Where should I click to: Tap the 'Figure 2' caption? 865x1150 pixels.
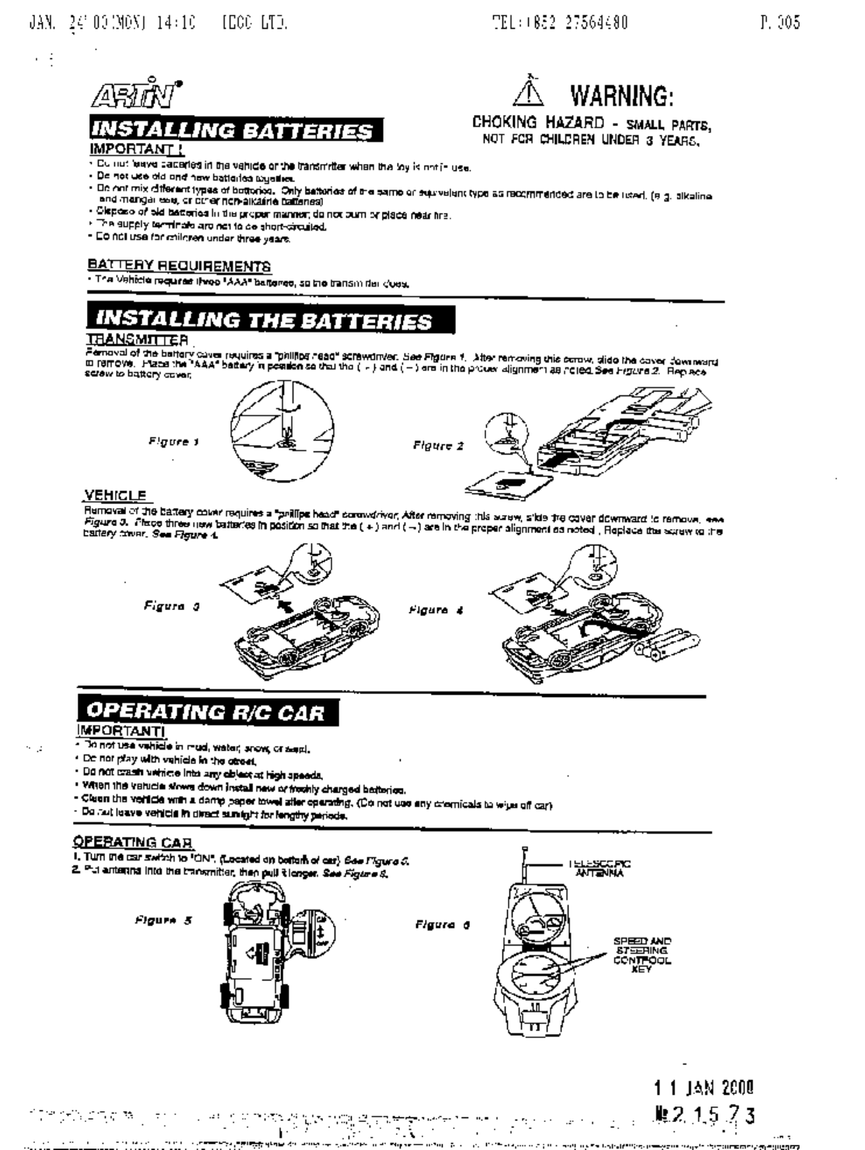439,446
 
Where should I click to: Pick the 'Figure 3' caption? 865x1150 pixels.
173,605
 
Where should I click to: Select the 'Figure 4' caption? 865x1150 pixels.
437,610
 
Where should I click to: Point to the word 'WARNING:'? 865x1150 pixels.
621,96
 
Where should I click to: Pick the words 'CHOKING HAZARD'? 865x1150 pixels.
538,123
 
